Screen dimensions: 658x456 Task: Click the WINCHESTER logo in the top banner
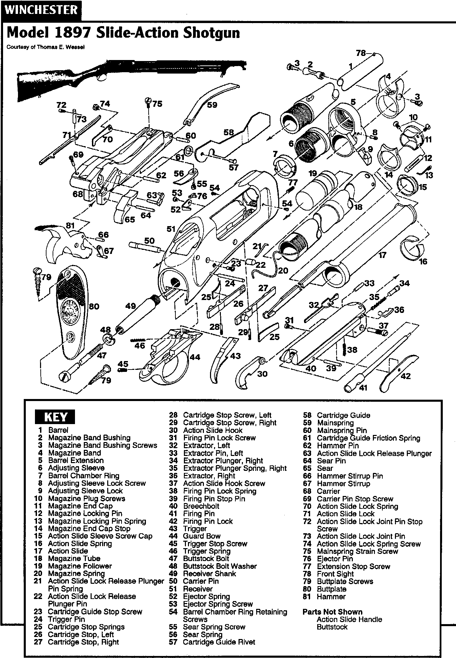coord(41,10)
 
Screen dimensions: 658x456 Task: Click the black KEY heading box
coord(55,417)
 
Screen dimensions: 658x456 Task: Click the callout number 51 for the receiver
coord(171,230)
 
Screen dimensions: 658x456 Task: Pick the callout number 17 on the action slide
coord(382,255)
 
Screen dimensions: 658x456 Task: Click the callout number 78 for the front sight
coord(361,53)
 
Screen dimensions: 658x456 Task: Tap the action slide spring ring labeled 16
coord(412,250)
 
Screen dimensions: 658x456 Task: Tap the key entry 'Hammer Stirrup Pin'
coord(349,476)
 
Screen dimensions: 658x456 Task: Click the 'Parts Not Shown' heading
coord(332,612)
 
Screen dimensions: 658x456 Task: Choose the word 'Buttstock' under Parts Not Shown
coord(332,627)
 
